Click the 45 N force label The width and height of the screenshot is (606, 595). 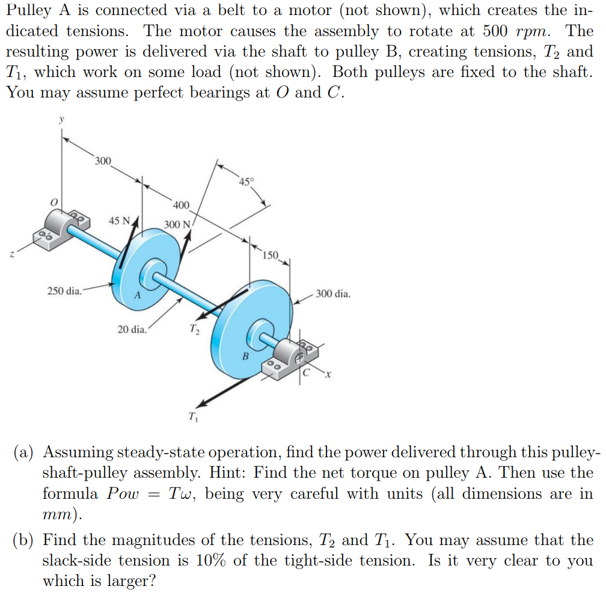pyautogui.click(x=119, y=220)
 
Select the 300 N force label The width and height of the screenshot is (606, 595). pyautogui.click(x=177, y=225)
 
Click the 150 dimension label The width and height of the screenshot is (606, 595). pyautogui.click(x=271, y=255)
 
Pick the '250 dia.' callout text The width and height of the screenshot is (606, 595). pyautogui.click(x=64, y=291)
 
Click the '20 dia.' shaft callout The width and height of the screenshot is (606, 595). pyautogui.click(x=132, y=329)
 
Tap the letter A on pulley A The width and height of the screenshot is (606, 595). pyautogui.click(x=137, y=295)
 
